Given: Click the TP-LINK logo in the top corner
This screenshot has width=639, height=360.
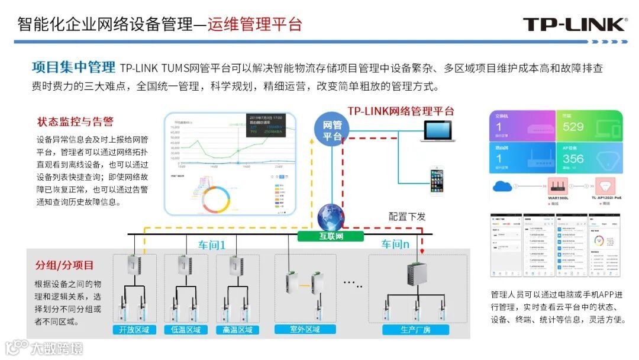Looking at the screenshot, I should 575,24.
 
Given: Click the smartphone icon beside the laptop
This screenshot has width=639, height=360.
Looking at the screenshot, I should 437,180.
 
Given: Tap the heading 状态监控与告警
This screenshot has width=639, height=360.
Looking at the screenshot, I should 75,122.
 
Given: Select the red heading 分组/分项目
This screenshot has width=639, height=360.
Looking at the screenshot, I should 64,265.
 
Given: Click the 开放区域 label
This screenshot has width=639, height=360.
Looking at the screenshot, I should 134,329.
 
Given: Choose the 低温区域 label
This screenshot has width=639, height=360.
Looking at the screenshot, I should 186,329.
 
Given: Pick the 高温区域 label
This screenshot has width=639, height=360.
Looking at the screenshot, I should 237,329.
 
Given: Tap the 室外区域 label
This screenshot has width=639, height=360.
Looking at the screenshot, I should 305,329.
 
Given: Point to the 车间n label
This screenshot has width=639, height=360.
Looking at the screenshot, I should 395,244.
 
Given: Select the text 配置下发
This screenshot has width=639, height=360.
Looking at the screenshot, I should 407,217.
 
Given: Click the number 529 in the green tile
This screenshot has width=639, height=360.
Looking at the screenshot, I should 573,127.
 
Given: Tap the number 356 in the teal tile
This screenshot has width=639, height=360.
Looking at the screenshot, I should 573,159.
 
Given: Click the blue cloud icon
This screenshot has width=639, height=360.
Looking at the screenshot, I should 505,185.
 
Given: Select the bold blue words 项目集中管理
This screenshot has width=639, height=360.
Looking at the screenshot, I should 73,67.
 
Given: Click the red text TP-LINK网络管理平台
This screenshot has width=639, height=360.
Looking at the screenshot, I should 401,111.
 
